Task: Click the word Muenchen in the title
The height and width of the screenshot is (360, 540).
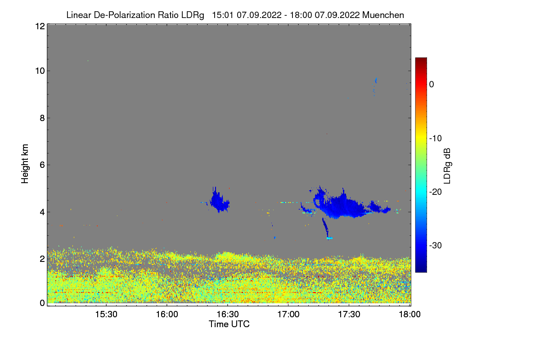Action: pos(383,15)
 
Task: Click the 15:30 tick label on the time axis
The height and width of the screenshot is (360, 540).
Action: pos(106,315)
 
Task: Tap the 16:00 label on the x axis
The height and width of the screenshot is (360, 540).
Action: pos(167,315)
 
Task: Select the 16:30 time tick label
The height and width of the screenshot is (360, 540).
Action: pos(228,315)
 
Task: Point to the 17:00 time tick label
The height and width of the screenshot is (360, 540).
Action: pos(288,315)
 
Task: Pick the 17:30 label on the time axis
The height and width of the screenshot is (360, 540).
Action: pos(349,315)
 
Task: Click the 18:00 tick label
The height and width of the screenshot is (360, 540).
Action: pos(410,315)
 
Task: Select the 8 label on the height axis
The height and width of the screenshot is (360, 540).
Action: pos(41,118)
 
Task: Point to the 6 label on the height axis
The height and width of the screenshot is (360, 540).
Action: pos(41,165)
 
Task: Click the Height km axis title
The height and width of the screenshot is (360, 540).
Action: pos(25,164)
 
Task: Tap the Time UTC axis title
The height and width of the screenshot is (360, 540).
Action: pos(229,324)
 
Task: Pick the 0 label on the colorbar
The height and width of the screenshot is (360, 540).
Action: pos(432,84)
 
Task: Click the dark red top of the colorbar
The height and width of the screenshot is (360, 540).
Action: pos(421,60)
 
